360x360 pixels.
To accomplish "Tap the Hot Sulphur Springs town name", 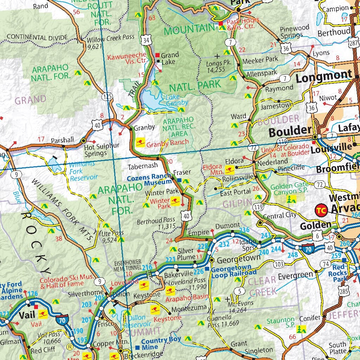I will tap(97, 149).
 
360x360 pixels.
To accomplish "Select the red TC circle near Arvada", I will tap(320, 210).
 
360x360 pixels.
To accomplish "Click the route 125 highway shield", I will tap(108, 96).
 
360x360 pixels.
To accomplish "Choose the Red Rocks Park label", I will tap(338, 272).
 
